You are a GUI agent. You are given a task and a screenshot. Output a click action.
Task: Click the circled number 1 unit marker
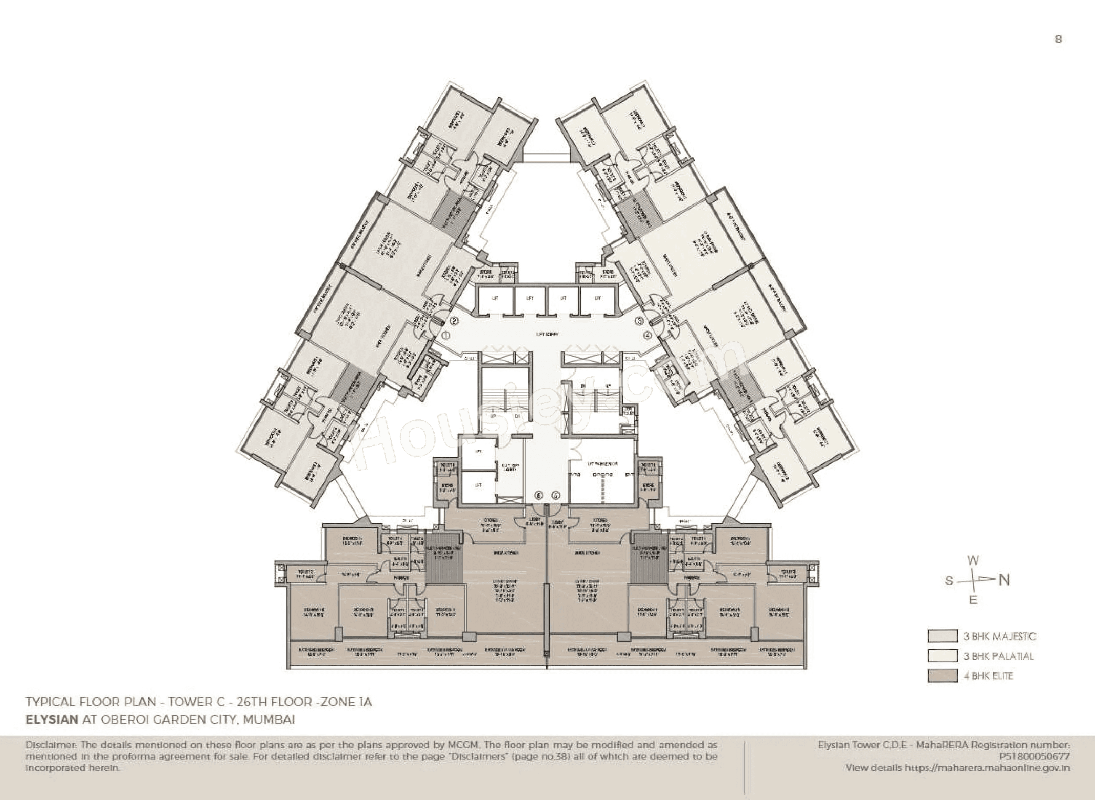coord(446,335)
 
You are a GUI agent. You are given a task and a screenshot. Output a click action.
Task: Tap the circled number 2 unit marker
coord(455,320)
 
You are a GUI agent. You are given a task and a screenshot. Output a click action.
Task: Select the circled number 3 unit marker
coord(639,320)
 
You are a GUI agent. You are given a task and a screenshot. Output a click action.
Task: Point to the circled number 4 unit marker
coord(647,335)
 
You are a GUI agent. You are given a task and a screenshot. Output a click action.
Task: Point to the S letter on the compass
coord(949,581)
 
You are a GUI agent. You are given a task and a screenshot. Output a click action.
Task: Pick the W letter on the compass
coord(973,561)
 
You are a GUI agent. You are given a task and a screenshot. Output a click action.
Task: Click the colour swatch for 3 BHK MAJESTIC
coord(943,636)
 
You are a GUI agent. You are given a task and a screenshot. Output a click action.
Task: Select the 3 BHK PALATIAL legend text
coord(998,656)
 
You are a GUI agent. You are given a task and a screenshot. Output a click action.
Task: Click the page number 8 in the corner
coord(1058,39)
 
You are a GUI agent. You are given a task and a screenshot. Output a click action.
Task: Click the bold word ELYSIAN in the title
coord(52,719)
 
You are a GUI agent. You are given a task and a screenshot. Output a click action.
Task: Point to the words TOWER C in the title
coord(192,702)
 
